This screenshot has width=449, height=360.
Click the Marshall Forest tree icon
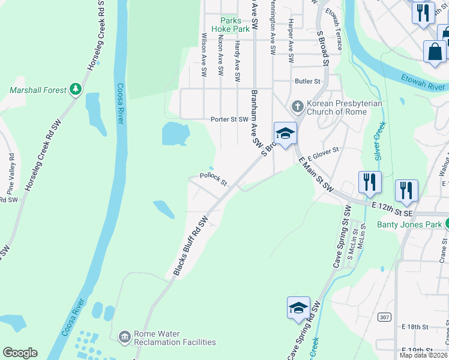pos(76,90)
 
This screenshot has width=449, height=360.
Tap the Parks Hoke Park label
pos(235,25)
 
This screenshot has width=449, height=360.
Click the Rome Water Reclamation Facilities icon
pos(124,336)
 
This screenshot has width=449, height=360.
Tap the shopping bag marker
pos(435,52)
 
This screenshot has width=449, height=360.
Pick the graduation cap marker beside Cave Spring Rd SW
pos(298,308)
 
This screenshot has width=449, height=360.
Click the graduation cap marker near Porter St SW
pos(285,133)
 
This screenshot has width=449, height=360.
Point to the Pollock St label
pos(213,179)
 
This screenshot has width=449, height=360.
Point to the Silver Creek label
pos(379,142)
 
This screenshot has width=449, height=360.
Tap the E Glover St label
pos(324,154)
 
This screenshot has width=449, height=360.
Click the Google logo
pos(20,353)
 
